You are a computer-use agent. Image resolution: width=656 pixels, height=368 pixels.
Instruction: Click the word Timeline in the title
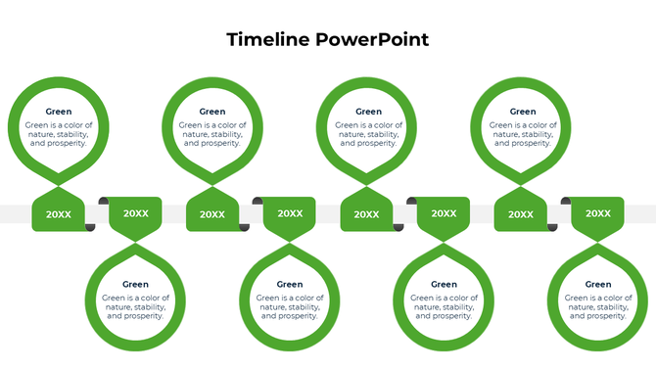(269, 40)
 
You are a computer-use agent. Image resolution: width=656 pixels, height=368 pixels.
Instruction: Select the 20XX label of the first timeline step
(59, 214)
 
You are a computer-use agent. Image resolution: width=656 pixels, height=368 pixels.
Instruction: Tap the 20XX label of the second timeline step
(136, 213)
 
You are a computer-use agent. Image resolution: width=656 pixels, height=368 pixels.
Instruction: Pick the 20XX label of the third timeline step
(212, 214)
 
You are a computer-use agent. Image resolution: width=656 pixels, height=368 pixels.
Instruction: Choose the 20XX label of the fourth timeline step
(290, 213)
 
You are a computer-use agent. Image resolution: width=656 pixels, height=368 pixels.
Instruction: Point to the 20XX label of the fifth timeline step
(367, 214)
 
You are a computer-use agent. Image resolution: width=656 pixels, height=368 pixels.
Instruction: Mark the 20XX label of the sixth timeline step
(445, 213)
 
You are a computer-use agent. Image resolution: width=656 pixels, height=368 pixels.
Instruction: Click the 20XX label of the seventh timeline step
(521, 214)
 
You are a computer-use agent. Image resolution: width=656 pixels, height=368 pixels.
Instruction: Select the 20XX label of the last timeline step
(598, 213)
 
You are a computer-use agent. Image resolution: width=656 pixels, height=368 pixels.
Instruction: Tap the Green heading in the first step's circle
(59, 112)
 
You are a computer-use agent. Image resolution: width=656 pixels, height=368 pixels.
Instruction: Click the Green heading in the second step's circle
(136, 285)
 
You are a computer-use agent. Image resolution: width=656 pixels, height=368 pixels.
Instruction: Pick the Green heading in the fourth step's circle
(290, 285)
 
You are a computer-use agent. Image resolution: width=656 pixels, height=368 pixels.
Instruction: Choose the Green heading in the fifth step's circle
(368, 112)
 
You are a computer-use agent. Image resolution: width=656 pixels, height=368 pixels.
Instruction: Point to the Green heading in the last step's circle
(598, 285)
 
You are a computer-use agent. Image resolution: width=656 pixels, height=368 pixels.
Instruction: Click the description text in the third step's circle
(212, 134)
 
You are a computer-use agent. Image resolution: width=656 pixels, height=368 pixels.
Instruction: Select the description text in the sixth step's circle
(445, 307)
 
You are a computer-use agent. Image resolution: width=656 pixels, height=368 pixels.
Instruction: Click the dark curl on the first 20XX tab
(91, 227)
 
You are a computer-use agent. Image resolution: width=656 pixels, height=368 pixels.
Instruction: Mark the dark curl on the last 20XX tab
(565, 201)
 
